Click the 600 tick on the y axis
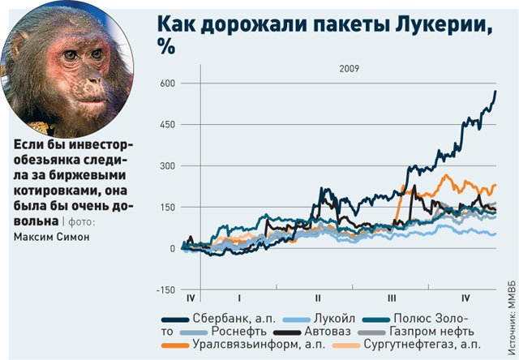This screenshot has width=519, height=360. (x=165, y=83)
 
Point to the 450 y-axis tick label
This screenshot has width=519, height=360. (x=165, y=124)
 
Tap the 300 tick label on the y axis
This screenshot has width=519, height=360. (x=165, y=165)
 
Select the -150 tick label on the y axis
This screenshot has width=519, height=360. (x=164, y=289)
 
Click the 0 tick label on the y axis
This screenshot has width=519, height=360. (x=172, y=248)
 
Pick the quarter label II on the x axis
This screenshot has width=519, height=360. (x=318, y=298)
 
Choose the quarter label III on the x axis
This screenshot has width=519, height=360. (x=392, y=298)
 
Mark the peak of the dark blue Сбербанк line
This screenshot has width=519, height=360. (x=495, y=92)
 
